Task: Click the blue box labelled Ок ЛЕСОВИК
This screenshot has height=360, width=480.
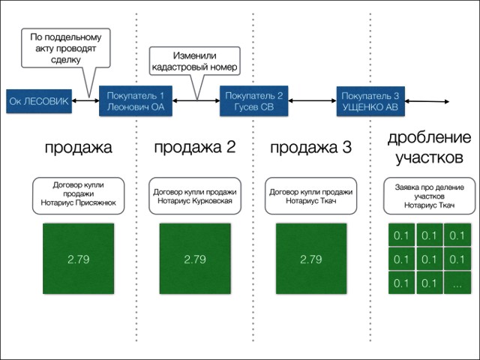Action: pos(39,100)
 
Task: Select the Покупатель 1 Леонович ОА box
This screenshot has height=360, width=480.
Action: pos(135,100)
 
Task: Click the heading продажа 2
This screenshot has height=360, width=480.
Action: pos(194,147)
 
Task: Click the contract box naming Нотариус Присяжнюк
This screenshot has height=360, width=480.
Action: pos(79,193)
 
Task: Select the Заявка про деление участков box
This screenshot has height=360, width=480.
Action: pos(429,195)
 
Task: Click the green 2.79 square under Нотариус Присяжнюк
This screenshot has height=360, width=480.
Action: pos(79,259)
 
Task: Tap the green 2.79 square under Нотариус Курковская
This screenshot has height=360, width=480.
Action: pos(194,259)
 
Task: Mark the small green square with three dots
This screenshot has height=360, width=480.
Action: pos(457,283)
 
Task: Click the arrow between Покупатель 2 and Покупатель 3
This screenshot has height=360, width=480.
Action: pos(310,100)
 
